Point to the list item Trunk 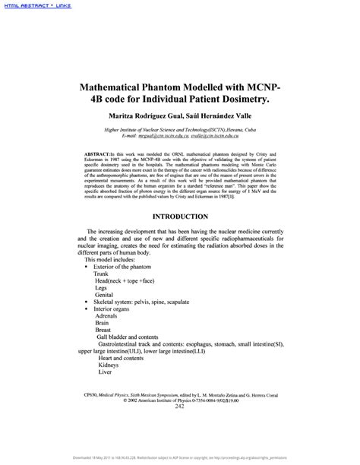tap(102, 273)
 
